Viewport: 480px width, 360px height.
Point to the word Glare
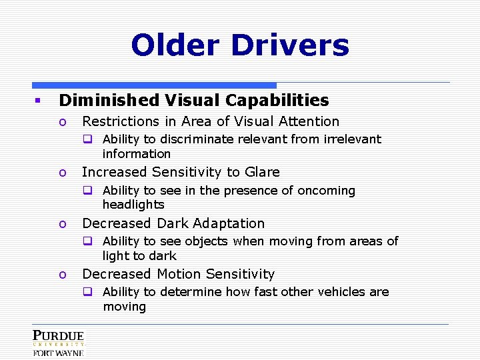(262, 172)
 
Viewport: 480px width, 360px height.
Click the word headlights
(133, 205)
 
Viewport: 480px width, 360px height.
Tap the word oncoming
(327, 191)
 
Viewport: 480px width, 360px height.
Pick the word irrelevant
(353, 139)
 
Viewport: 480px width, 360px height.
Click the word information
(137, 154)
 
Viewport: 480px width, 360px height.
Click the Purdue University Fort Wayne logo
(59, 343)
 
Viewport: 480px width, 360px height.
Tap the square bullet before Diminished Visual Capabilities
(39, 101)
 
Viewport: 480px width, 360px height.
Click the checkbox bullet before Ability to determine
(87, 292)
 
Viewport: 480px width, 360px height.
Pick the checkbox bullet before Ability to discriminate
(87, 139)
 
